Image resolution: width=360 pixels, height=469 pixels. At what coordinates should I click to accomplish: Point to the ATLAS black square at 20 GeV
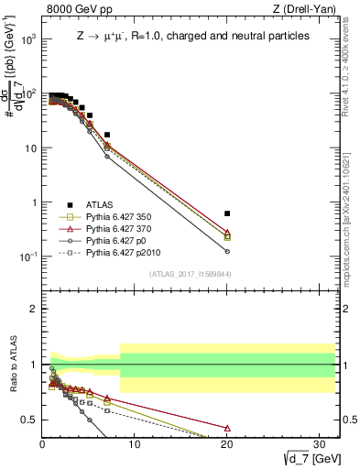click(x=226, y=213)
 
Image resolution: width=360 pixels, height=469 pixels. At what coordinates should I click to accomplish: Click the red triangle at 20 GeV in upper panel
click(x=226, y=233)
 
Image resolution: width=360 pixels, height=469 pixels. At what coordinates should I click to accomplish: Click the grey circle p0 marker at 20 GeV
click(x=226, y=251)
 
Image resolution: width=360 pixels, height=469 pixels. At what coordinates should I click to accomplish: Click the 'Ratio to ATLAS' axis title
click(x=13, y=365)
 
